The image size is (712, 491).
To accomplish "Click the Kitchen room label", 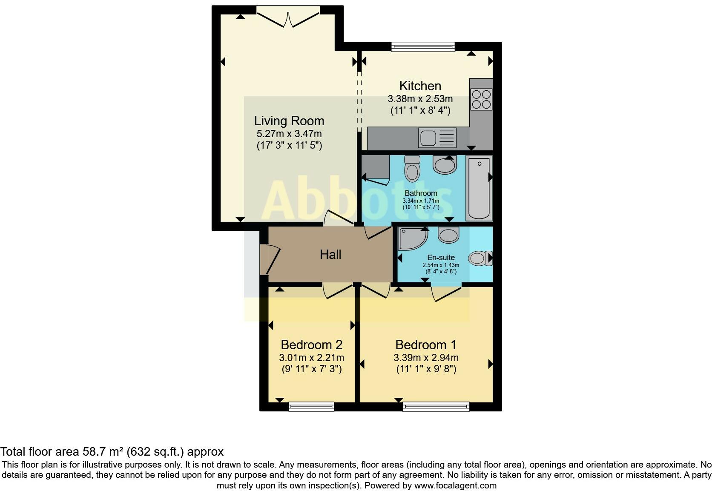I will (420, 86).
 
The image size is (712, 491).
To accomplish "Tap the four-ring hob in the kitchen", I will (481, 99).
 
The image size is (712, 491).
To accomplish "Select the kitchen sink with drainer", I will (437, 138).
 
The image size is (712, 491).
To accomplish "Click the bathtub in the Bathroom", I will (479, 188).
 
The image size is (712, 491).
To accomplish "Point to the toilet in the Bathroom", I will (412, 168).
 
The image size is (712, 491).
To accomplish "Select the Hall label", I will (330, 255).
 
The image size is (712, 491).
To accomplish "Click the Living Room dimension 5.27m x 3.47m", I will (289, 134).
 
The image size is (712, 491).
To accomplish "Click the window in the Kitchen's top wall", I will (423, 46).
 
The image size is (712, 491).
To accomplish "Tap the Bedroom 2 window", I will (311, 406).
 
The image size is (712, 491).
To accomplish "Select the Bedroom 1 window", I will (436, 406).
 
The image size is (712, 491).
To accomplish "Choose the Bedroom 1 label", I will (426, 345).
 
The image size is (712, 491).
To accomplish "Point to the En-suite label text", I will (441, 258).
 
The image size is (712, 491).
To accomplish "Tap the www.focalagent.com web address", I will (455, 485).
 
